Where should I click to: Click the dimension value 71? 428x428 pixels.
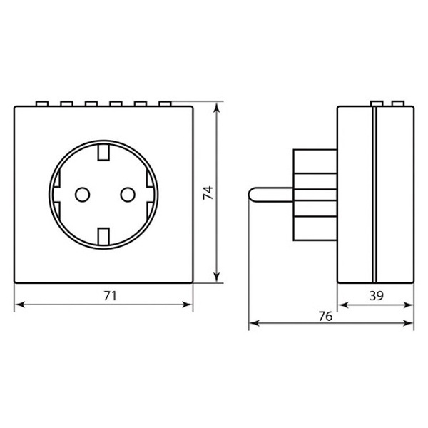coord(110,296)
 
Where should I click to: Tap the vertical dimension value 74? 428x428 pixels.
coord(208,193)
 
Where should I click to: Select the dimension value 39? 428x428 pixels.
coord(377,296)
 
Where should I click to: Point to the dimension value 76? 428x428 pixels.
coord(326,316)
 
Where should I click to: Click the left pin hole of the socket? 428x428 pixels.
coord(83,195)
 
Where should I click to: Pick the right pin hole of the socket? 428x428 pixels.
coord(128,195)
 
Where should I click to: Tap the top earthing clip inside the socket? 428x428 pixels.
coord(103,152)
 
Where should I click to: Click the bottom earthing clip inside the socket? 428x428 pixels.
coord(103,236)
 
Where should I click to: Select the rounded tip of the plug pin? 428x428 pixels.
coord(250,195)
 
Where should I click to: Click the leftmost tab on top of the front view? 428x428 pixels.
coord(42,103)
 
